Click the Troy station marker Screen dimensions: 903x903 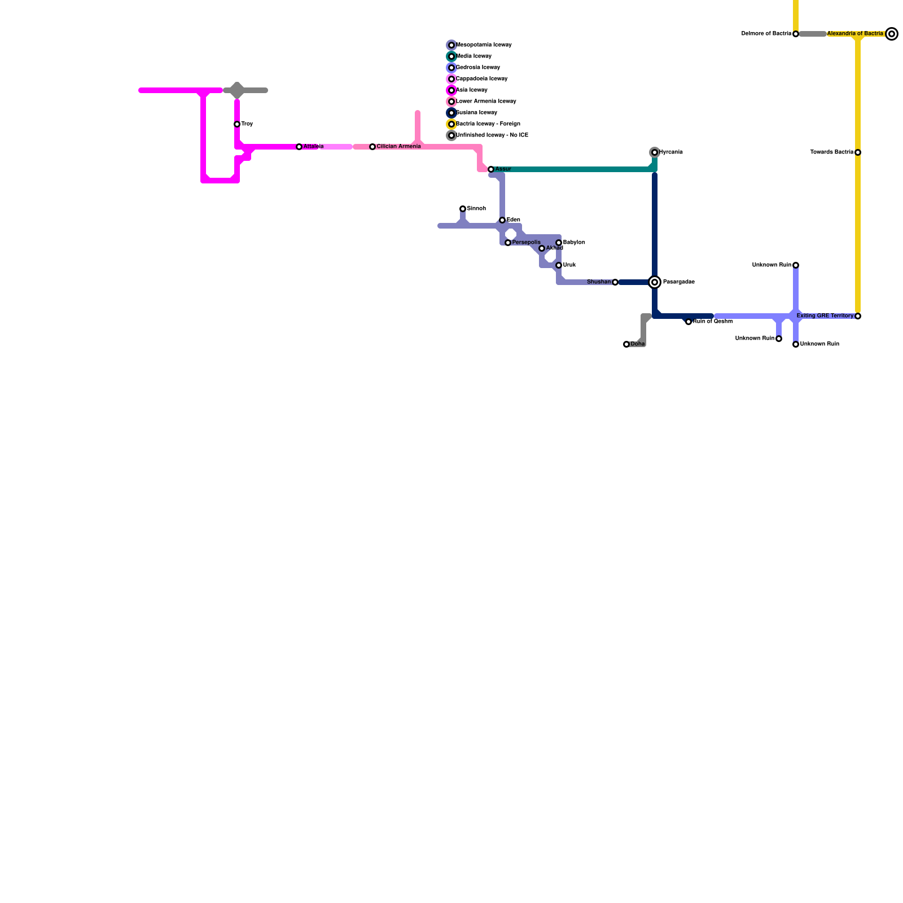pyautogui.click(x=237, y=124)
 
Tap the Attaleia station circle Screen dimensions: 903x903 pyautogui.click(x=299, y=147)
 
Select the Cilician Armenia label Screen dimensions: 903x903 pyautogui.click(x=398, y=147)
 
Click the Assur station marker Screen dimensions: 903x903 pyautogui.click(x=491, y=169)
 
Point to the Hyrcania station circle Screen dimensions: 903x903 pyautogui.click(x=655, y=152)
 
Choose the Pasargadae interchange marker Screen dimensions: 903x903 pyautogui.click(x=655, y=282)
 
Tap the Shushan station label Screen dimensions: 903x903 pyautogui.click(x=599, y=282)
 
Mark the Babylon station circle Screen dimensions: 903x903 pyautogui.click(x=559, y=243)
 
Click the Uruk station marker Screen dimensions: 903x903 pyautogui.click(x=559, y=265)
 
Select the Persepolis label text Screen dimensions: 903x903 pyautogui.click(x=526, y=243)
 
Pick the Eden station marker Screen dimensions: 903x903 pyautogui.click(x=502, y=220)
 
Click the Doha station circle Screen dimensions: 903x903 pyautogui.click(x=626, y=344)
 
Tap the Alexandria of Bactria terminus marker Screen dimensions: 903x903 pyautogui.click(x=892, y=34)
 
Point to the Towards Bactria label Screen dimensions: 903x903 pyautogui.click(x=832, y=152)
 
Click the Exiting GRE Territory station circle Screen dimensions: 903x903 pyautogui.click(x=858, y=316)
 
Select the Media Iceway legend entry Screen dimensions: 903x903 pyautogui.click(x=474, y=56)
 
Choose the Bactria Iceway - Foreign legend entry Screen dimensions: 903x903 pyautogui.click(x=488, y=124)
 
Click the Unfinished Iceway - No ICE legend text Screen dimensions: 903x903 pyautogui.click(x=492, y=135)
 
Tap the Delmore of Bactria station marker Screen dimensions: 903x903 pyautogui.click(x=796, y=34)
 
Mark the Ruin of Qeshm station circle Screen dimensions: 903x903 pyautogui.click(x=689, y=322)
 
